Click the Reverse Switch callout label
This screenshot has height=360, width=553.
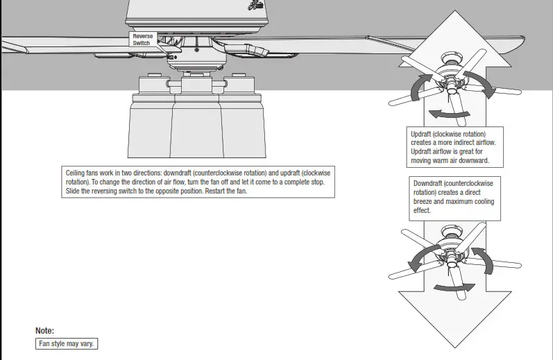tap(142, 40)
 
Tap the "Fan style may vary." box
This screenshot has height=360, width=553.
tap(67, 344)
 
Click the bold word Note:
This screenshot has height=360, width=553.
tap(44, 331)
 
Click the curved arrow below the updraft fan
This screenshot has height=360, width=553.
tap(444, 113)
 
